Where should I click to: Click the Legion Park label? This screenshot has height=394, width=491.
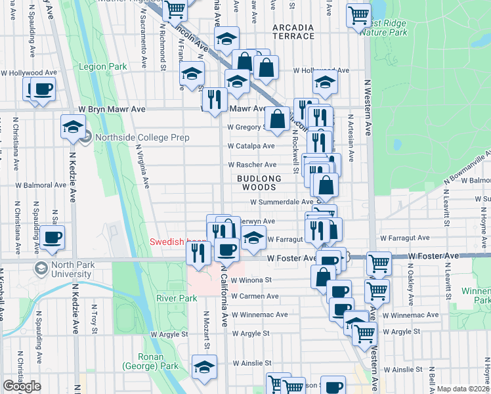click(102, 66)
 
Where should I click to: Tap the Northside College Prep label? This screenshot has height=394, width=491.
click(142, 137)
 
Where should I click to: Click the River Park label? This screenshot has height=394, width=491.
click(177, 298)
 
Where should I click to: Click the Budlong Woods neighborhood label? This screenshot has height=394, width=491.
click(259, 183)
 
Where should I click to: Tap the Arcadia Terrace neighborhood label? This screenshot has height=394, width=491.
click(293, 32)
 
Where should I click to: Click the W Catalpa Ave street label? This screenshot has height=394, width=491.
click(251, 146)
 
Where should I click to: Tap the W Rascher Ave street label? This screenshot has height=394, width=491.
click(252, 165)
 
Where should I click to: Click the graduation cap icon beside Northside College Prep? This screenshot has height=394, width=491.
click(73, 127)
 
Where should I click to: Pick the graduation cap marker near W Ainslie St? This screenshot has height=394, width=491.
click(204, 367)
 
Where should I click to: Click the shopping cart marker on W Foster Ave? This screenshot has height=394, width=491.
click(379, 263)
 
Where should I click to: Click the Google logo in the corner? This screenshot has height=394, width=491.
click(22, 386)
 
